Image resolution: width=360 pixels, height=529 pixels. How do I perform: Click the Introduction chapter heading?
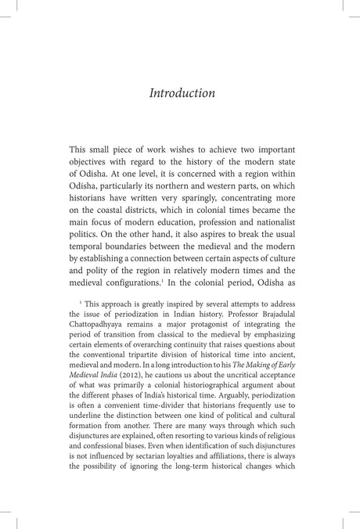click(182, 93)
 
